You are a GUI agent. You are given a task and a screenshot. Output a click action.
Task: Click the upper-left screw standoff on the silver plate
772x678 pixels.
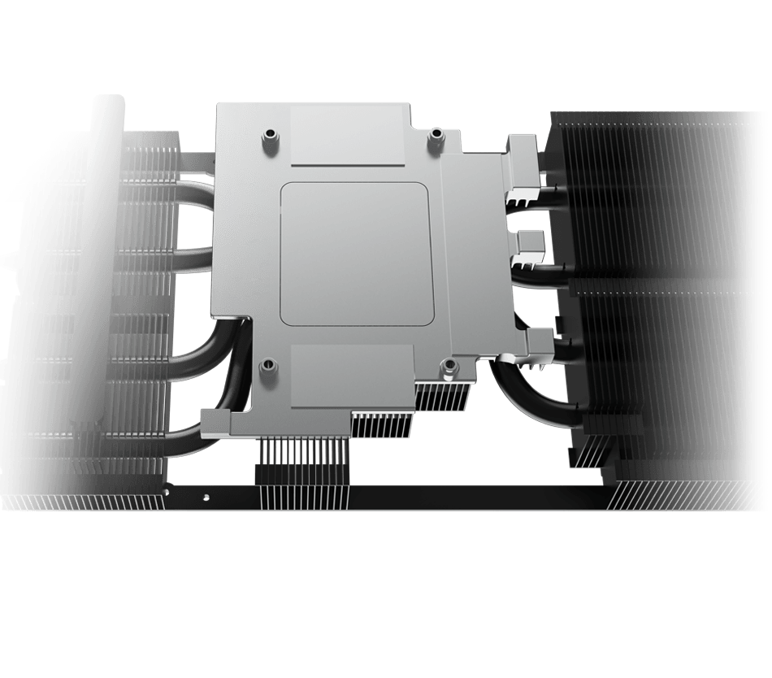(268, 138)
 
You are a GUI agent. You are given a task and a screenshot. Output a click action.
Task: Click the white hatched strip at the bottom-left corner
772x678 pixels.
(81, 502)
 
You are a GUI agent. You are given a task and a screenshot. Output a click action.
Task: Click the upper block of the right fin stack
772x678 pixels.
(642, 195)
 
